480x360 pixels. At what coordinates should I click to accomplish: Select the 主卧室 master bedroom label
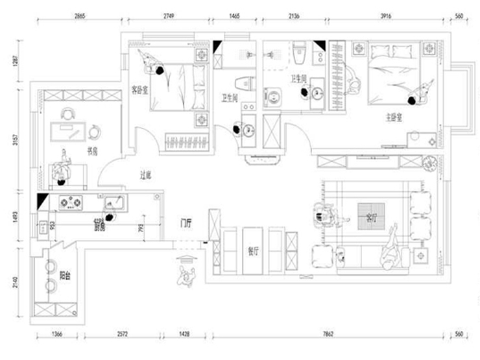click(x=395, y=118)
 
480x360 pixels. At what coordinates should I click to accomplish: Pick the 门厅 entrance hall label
click(x=187, y=224)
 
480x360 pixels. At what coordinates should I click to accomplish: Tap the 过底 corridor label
click(x=145, y=175)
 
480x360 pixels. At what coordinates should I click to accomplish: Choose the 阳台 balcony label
click(x=64, y=276)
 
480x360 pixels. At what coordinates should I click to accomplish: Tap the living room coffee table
click(x=372, y=210)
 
